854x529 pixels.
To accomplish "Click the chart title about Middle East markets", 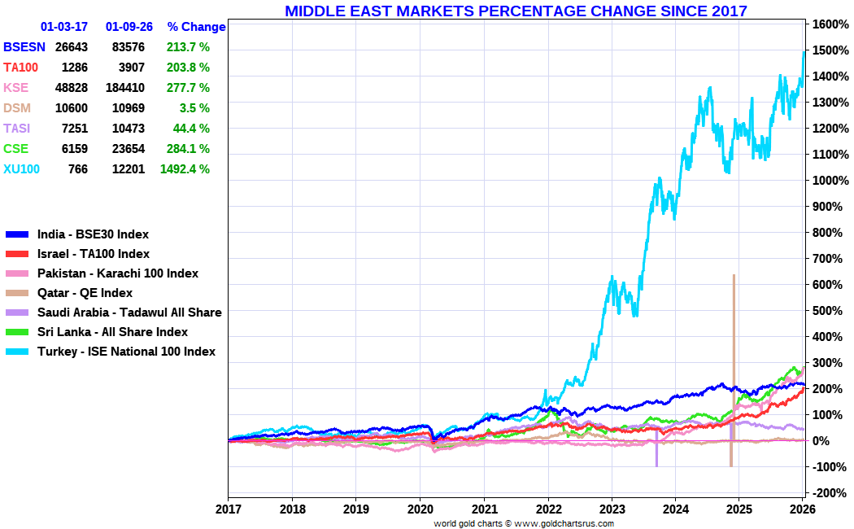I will tap(516, 11).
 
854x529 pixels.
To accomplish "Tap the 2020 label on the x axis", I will tap(420, 509).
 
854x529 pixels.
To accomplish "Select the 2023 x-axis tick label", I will tap(612, 509).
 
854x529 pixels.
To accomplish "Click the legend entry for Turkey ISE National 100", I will tap(126, 352).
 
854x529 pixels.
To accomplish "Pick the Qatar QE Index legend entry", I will tap(85, 293).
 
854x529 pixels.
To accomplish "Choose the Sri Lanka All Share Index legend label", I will tap(112, 332).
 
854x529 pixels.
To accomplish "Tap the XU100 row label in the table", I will tap(21, 169).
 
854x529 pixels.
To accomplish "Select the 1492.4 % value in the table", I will tap(185, 169).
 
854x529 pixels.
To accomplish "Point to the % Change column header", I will tap(196, 27).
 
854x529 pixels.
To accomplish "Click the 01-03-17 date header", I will tap(64, 27).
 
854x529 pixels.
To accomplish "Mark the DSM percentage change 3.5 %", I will tap(192, 108).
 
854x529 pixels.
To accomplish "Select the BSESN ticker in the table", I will tap(24, 47).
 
